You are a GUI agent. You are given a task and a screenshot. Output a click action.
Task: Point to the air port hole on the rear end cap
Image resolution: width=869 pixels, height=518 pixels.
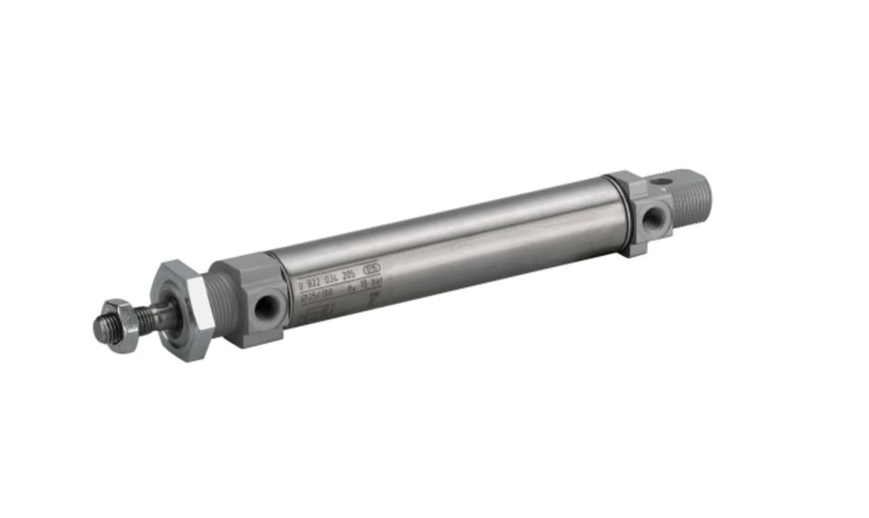click(x=653, y=220)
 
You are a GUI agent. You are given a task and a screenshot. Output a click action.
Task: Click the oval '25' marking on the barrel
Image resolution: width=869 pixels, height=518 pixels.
click(x=373, y=268)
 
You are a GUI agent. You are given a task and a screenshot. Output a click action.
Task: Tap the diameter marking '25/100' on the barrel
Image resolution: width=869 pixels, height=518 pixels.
click(x=317, y=293)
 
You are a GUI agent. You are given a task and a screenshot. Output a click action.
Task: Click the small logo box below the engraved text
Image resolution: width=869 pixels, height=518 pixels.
click(x=320, y=309)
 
